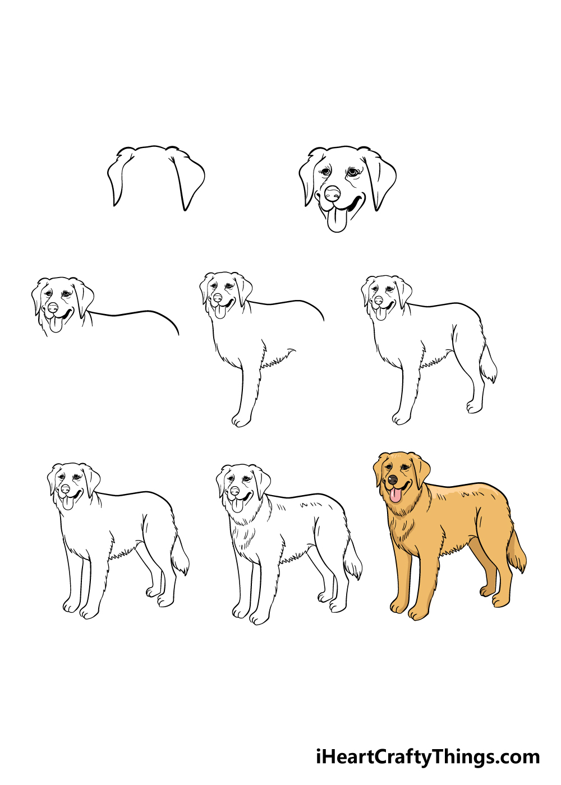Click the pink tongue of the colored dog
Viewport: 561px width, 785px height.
coord(395,495)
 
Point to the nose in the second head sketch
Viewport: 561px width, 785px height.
coord(332,193)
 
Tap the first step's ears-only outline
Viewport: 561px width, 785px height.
coord(156,177)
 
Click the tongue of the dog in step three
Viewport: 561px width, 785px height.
coord(56,325)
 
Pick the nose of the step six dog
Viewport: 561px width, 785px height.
coord(65,488)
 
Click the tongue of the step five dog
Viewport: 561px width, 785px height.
coord(380,313)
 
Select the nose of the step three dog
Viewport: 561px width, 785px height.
coord(53,308)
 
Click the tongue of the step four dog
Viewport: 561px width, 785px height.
coord(220,311)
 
